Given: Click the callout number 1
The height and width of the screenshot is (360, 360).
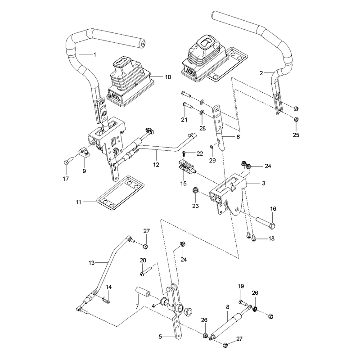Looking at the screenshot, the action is (94, 54).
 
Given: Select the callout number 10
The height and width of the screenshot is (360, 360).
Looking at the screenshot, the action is (168, 77).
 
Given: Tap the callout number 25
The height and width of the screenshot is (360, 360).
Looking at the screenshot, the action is (296, 135).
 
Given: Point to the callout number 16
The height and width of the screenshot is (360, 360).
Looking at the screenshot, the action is (273, 209).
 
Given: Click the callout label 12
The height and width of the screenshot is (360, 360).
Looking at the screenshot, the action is (156, 165).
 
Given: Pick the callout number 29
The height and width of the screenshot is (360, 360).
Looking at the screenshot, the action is (212, 160).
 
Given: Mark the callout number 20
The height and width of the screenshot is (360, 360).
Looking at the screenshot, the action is (143, 261).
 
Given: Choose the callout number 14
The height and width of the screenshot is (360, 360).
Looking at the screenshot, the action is (108, 287).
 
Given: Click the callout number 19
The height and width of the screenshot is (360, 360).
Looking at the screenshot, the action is (241, 286).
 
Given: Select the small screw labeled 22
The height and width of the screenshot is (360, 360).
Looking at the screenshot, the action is (184, 153).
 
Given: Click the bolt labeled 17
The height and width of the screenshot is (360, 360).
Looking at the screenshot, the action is (68, 160).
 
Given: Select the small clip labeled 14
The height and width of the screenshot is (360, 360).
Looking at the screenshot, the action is (106, 299).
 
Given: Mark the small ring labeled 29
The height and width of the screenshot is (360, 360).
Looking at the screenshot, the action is (211, 147).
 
